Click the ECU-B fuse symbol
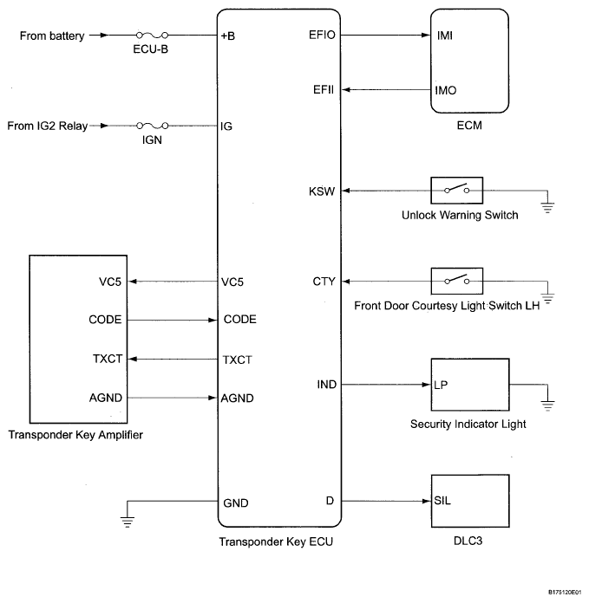point(152,36)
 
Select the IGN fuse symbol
point(153,126)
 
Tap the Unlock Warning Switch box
point(456,191)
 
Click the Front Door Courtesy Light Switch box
point(456,281)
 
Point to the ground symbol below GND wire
point(127,522)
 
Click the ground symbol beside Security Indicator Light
point(547,405)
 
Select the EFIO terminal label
point(322,35)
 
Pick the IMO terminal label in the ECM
point(445,90)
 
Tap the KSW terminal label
point(322,191)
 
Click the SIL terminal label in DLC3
point(442,500)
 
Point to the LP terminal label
point(441,385)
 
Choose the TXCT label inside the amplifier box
point(108,359)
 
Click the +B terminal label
point(228,36)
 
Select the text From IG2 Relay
point(48,126)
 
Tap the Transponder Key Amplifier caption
point(75,435)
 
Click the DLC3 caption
point(468,541)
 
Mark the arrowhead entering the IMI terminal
point(426,35)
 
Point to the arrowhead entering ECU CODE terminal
point(213,320)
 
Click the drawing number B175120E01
point(565,593)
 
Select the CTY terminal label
point(324,282)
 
